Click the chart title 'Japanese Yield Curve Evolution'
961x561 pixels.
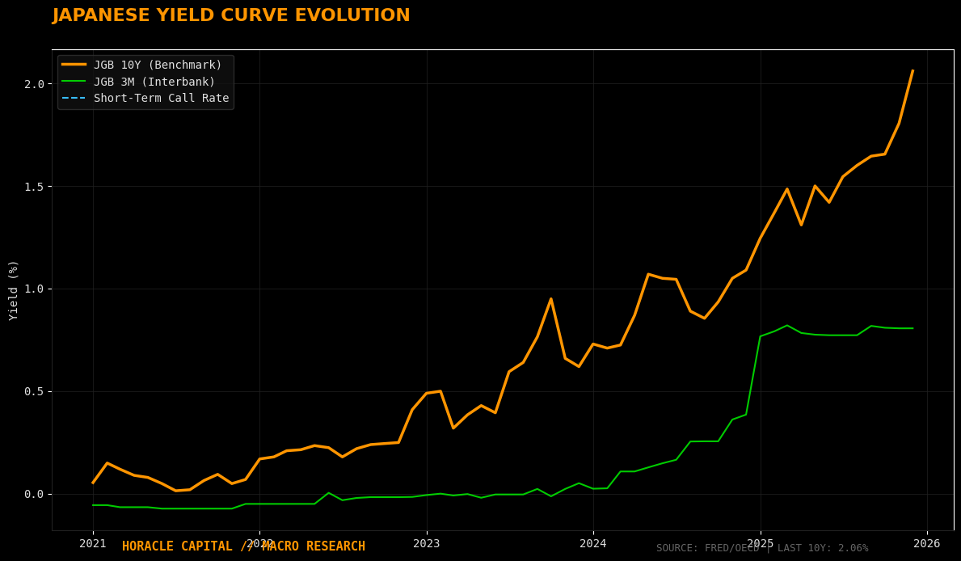[231, 16]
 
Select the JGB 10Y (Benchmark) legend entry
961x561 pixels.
[158, 65]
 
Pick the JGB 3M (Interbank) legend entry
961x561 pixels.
[154, 82]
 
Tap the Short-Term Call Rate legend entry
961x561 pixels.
[161, 98]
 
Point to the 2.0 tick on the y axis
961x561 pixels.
[34, 84]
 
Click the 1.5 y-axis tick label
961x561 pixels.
[34, 187]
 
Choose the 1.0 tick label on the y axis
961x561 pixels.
[34, 289]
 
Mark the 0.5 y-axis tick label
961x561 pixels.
[34, 391]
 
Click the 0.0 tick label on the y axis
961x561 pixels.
[34, 494]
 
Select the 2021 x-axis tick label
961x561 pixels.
[93, 543]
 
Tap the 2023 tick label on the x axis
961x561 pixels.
[427, 543]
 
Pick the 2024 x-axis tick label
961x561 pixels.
[593, 543]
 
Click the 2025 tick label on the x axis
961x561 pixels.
[760, 543]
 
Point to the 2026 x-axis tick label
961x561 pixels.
[927, 543]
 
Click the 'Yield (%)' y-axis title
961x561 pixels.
[13, 290]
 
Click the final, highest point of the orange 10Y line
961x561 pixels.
[913, 70]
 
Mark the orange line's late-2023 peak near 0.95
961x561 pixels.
[551, 299]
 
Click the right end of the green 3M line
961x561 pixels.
[913, 328]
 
